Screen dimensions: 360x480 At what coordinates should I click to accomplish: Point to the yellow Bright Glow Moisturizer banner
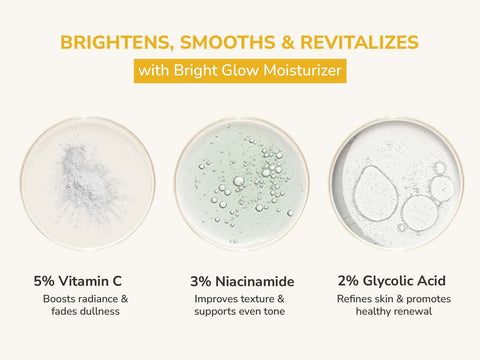[240, 72]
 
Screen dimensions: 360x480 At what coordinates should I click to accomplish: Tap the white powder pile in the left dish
[84, 180]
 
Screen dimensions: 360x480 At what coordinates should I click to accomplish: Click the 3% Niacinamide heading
[240, 281]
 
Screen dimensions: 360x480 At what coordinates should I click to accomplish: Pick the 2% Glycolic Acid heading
[393, 281]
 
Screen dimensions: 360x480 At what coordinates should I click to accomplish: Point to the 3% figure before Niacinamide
[200, 281]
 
